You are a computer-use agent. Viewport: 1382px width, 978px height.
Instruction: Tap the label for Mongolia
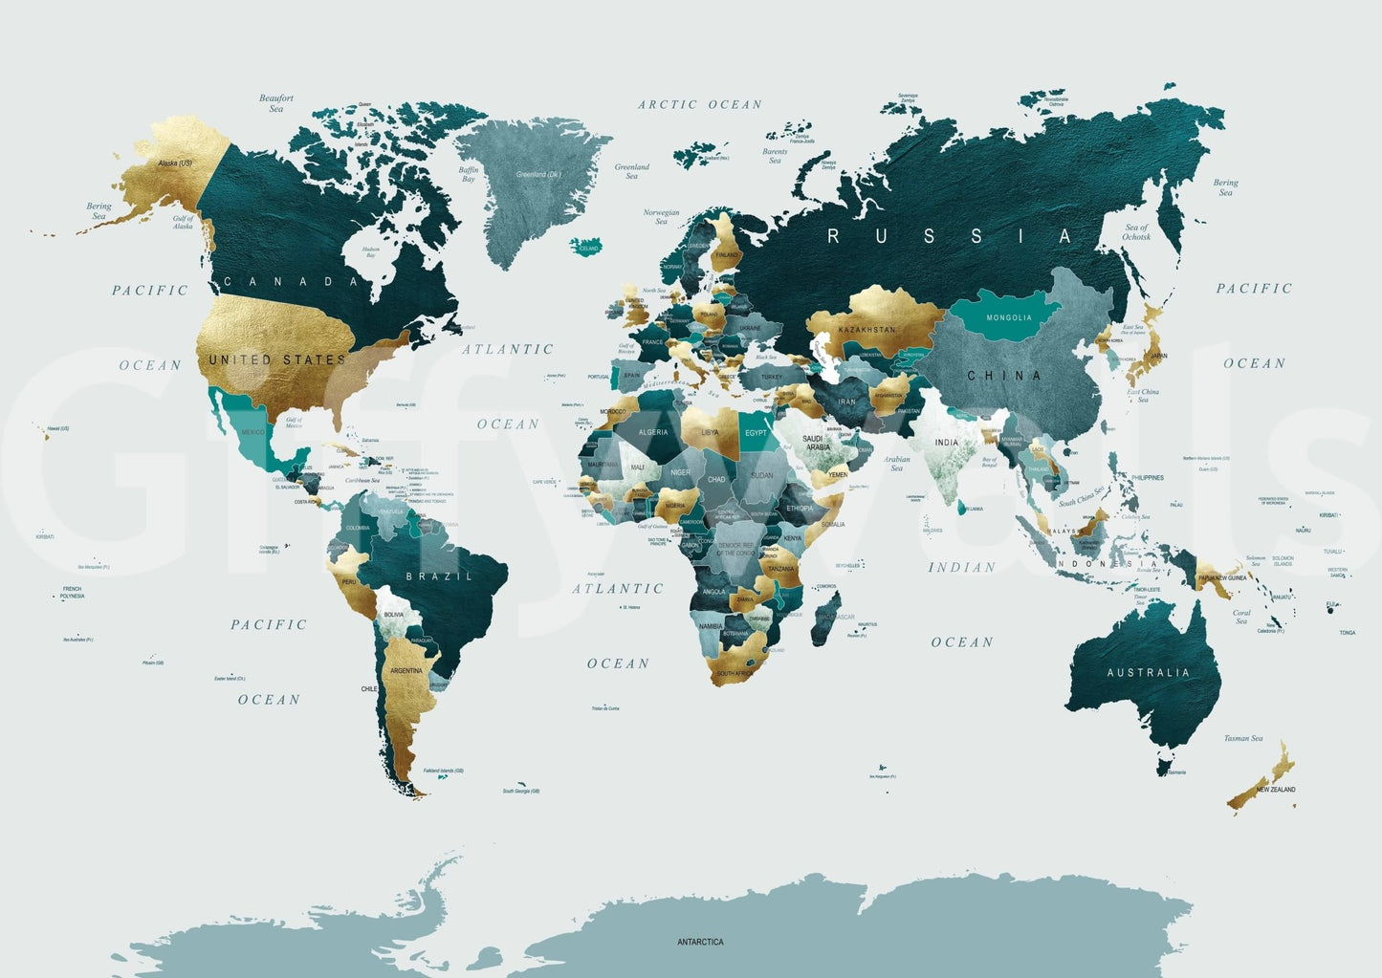pyautogui.click(x=1008, y=317)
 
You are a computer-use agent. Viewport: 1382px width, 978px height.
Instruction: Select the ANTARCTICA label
pyautogui.click(x=700, y=942)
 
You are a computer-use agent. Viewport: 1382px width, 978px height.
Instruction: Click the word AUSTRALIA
pyautogui.click(x=1148, y=673)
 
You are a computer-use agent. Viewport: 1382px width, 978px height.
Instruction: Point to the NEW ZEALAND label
pyautogui.click(x=1276, y=790)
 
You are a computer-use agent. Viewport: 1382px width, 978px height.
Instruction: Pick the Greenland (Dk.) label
pyautogui.click(x=538, y=175)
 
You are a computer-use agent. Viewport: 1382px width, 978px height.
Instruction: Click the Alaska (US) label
pyautogui.click(x=174, y=163)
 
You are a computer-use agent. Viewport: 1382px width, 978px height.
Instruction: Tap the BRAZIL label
pyautogui.click(x=439, y=576)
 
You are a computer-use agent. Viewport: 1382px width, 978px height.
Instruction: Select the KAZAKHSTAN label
pyautogui.click(x=866, y=330)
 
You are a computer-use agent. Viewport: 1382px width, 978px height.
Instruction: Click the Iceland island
pyautogui.click(x=585, y=247)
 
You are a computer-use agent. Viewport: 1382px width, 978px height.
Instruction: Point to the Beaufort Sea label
pyautogui.click(x=276, y=103)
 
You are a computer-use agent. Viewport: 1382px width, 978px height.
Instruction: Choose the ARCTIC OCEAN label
pyautogui.click(x=700, y=105)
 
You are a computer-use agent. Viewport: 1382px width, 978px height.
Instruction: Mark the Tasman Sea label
pyautogui.click(x=1243, y=738)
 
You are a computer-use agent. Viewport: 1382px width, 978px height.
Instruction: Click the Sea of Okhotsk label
pyautogui.click(x=1137, y=232)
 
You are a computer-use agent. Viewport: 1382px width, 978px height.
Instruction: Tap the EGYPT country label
pyautogui.click(x=756, y=433)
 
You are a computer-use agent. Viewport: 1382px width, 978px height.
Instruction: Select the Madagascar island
pyautogui.click(x=831, y=612)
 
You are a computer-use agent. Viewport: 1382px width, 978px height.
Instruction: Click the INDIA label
pyautogui.click(x=946, y=443)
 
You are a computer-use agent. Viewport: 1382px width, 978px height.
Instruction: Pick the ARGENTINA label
pyautogui.click(x=406, y=671)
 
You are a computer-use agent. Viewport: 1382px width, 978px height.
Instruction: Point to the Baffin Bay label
pyautogui.click(x=469, y=174)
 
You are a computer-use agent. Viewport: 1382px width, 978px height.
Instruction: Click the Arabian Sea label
pyautogui.click(x=896, y=464)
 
